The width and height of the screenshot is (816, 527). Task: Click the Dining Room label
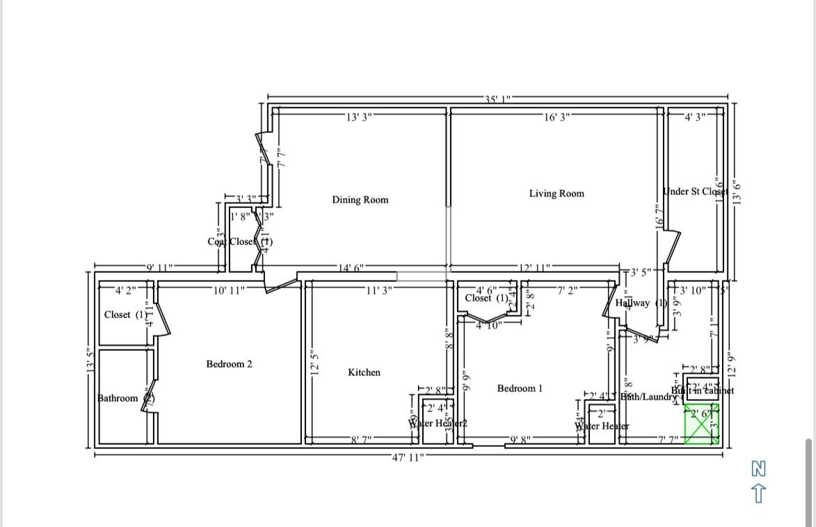click(x=360, y=200)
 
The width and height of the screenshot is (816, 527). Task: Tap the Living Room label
click(x=556, y=194)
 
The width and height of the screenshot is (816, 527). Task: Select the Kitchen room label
click(x=364, y=372)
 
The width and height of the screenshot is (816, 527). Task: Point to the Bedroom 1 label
click(x=519, y=388)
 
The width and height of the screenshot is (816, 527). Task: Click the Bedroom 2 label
click(x=229, y=364)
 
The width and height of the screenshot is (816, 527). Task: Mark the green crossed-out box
click(x=701, y=424)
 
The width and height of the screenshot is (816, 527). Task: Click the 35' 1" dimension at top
click(x=498, y=99)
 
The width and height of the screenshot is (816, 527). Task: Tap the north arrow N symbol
click(x=759, y=469)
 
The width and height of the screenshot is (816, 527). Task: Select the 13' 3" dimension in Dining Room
click(x=358, y=117)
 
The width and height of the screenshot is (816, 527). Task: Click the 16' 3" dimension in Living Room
click(x=557, y=117)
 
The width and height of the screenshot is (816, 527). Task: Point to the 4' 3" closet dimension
click(x=696, y=117)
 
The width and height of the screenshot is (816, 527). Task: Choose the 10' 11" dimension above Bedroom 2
click(x=229, y=290)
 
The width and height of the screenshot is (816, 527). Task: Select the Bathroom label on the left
click(x=118, y=398)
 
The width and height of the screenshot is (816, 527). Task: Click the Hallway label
click(x=633, y=303)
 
